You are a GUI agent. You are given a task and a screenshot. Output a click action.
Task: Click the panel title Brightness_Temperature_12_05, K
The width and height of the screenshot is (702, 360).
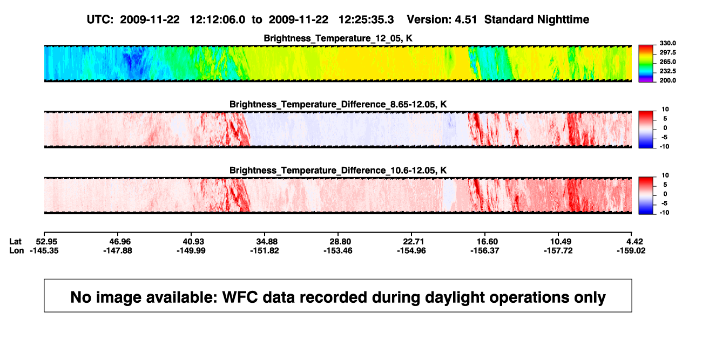coord(338,38)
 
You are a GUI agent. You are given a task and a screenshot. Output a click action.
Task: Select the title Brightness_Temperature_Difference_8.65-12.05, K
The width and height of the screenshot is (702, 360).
coord(338,104)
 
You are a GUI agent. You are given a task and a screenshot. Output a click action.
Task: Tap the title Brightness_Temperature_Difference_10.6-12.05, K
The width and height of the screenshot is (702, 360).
coord(338,171)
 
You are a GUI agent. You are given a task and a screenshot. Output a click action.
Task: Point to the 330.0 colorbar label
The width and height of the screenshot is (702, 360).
coord(667,43)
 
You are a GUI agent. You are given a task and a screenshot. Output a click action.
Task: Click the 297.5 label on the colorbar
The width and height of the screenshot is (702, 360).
coord(667,52)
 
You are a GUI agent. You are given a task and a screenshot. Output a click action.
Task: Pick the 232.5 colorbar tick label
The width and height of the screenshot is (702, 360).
coord(667,71)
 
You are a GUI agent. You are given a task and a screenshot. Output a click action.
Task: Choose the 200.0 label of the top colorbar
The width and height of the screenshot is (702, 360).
coord(667,80)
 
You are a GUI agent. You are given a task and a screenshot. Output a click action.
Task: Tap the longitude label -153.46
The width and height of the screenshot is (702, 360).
coord(338,250)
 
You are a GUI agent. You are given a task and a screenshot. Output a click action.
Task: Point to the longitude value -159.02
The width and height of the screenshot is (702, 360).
coord(631,250)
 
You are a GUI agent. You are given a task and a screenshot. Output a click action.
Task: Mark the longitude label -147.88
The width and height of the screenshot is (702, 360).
coord(118,250)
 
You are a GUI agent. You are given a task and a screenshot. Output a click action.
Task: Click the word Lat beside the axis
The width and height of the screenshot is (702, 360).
coord(15,242)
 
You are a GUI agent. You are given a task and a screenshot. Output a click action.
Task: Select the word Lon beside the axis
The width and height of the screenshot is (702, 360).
coord(17,250)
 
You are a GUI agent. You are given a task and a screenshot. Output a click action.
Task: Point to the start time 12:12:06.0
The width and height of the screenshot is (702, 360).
coord(218,20)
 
